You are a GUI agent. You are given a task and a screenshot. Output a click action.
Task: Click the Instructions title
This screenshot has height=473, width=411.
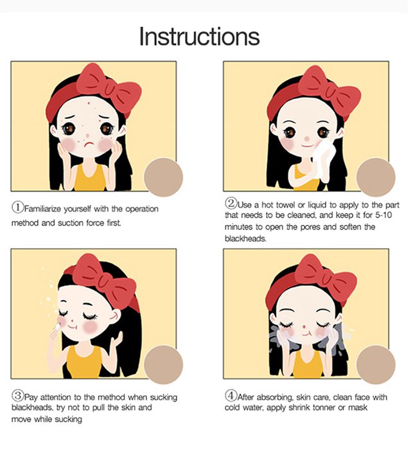[199, 37]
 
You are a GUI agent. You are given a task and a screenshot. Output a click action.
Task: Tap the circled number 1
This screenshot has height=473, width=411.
[18, 207]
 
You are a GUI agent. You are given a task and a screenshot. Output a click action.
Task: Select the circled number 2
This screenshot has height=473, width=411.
[231, 203]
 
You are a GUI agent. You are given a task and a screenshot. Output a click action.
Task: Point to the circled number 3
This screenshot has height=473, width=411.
[18, 395]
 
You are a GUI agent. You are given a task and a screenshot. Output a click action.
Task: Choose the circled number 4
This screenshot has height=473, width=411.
[231, 395]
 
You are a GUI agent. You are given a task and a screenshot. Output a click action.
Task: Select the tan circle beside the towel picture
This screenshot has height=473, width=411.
[376, 177]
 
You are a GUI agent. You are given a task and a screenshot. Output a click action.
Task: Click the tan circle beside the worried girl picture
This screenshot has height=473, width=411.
[163, 177]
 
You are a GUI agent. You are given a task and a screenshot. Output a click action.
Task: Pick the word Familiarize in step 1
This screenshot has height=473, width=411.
[43, 209]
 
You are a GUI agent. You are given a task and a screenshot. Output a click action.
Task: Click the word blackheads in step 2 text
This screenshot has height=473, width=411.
[245, 238]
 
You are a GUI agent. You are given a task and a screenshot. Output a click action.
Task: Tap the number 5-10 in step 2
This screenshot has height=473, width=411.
[383, 215]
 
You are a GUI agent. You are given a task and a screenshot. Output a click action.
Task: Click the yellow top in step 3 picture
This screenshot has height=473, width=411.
[84, 362]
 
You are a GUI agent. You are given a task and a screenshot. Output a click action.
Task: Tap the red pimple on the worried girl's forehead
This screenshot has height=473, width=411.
[89, 103]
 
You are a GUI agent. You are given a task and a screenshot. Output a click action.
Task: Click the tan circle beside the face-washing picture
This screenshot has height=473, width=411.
[376, 364]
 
